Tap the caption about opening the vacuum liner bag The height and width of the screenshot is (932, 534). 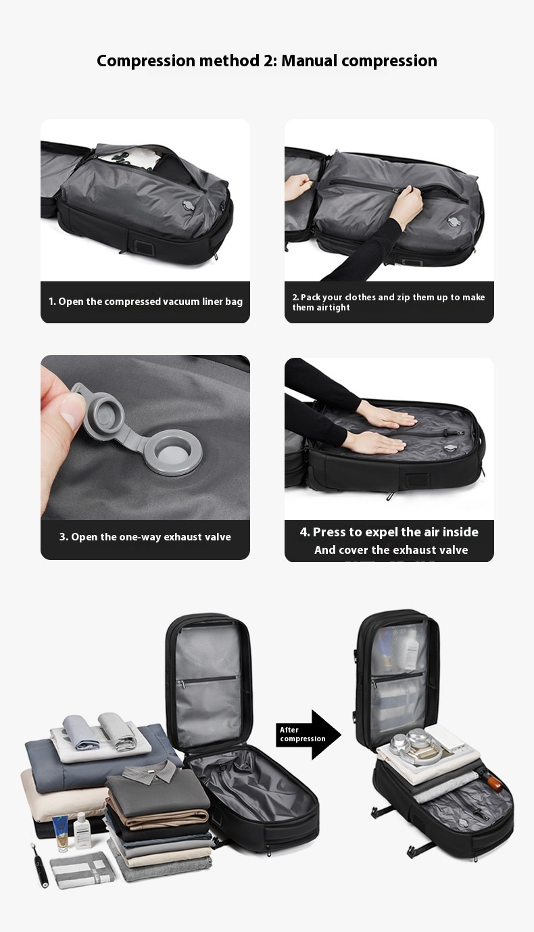pos(145,302)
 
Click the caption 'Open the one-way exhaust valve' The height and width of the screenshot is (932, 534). pos(145,537)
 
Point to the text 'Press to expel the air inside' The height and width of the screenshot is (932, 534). pos(389,532)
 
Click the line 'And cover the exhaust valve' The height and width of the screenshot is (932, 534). pos(391,551)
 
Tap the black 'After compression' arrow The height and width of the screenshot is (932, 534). pos(308,735)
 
